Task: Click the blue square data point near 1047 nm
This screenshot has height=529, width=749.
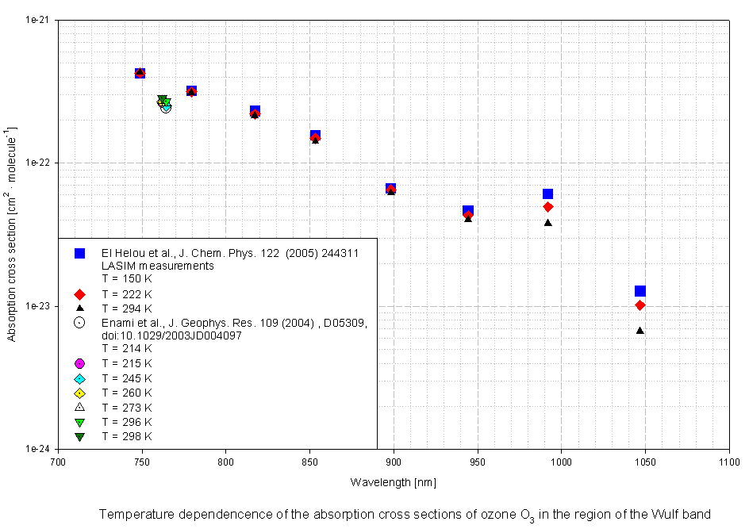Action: click(640, 291)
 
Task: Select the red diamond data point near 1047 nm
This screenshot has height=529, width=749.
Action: click(640, 305)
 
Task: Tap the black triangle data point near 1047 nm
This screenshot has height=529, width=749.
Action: click(640, 330)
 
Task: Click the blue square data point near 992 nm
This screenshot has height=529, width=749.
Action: click(547, 194)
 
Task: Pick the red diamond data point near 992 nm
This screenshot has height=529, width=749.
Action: click(547, 207)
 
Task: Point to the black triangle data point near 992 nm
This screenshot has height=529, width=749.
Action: click(547, 222)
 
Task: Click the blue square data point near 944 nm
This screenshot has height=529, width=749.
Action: click(468, 211)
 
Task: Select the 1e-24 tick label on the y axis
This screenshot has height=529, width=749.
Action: click(37, 449)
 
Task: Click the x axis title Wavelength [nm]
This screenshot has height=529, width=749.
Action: click(393, 482)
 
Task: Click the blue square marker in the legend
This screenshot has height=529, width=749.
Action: click(79, 252)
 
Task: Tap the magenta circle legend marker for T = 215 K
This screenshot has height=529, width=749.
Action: click(79, 363)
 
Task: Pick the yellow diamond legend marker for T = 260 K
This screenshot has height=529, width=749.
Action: click(79, 393)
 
